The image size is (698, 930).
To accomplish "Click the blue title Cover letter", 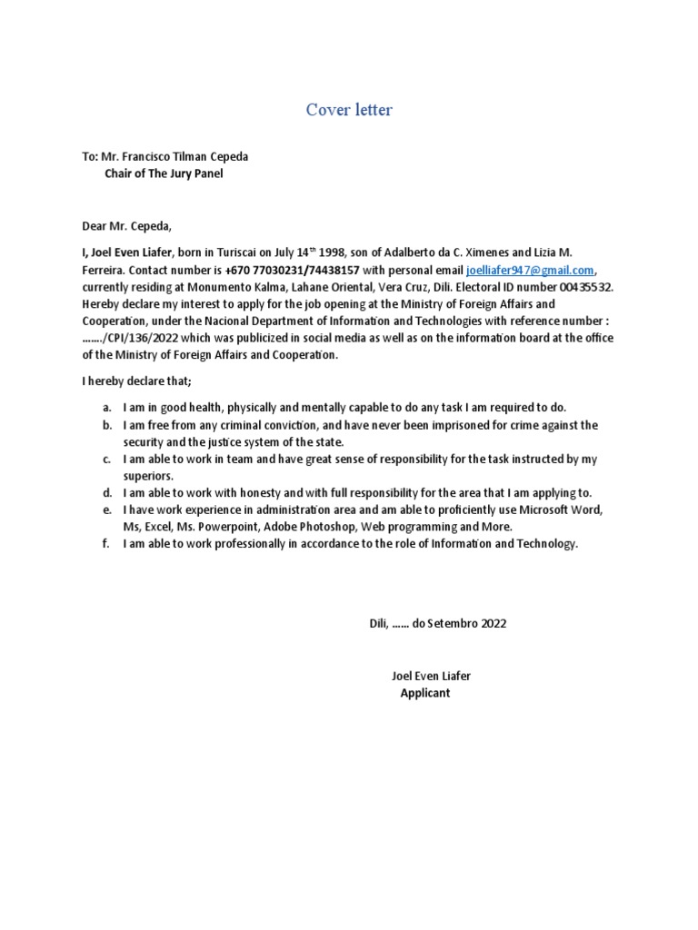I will [x=349, y=111].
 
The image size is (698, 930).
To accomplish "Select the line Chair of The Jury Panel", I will [x=164, y=173].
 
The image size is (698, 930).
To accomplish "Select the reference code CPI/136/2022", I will [x=148, y=338].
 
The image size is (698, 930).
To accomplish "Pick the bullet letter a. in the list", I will [x=106, y=408].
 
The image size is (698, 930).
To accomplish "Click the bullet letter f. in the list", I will [x=106, y=543].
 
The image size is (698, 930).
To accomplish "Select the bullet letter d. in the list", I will [x=106, y=493].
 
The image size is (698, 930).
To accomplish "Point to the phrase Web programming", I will [x=408, y=527].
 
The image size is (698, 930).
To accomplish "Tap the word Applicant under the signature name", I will [x=424, y=693].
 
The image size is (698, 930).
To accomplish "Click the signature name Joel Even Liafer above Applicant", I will [x=431, y=677].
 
